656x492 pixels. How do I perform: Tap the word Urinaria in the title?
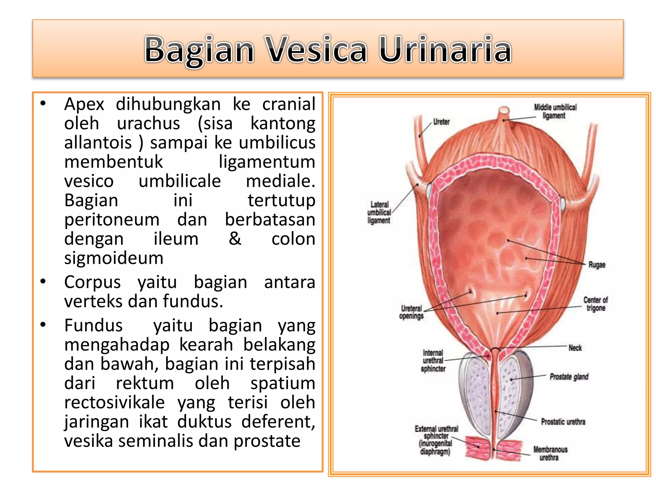(445, 50)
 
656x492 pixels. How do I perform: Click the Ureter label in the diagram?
(441, 122)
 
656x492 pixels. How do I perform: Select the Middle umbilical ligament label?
(555, 111)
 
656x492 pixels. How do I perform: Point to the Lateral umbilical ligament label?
(379, 212)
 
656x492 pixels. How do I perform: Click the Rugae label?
(597, 265)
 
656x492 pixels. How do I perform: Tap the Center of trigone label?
(595, 304)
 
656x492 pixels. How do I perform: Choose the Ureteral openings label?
(411, 312)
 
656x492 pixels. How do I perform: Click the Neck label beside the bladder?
(575, 348)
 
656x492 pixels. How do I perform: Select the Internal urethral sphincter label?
(433, 361)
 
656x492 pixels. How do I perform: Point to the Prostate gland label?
(569, 377)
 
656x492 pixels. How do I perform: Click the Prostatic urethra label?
(563, 422)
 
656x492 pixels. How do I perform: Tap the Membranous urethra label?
(550, 454)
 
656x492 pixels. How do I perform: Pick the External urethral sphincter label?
(436, 440)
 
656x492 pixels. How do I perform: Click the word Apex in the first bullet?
(84, 104)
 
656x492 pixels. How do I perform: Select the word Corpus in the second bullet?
(92, 283)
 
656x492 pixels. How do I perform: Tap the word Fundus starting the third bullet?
(93, 326)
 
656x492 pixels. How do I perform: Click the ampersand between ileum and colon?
(235, 239)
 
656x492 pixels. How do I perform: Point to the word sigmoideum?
(114, 258)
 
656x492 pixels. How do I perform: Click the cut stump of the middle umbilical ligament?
(504, 111)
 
